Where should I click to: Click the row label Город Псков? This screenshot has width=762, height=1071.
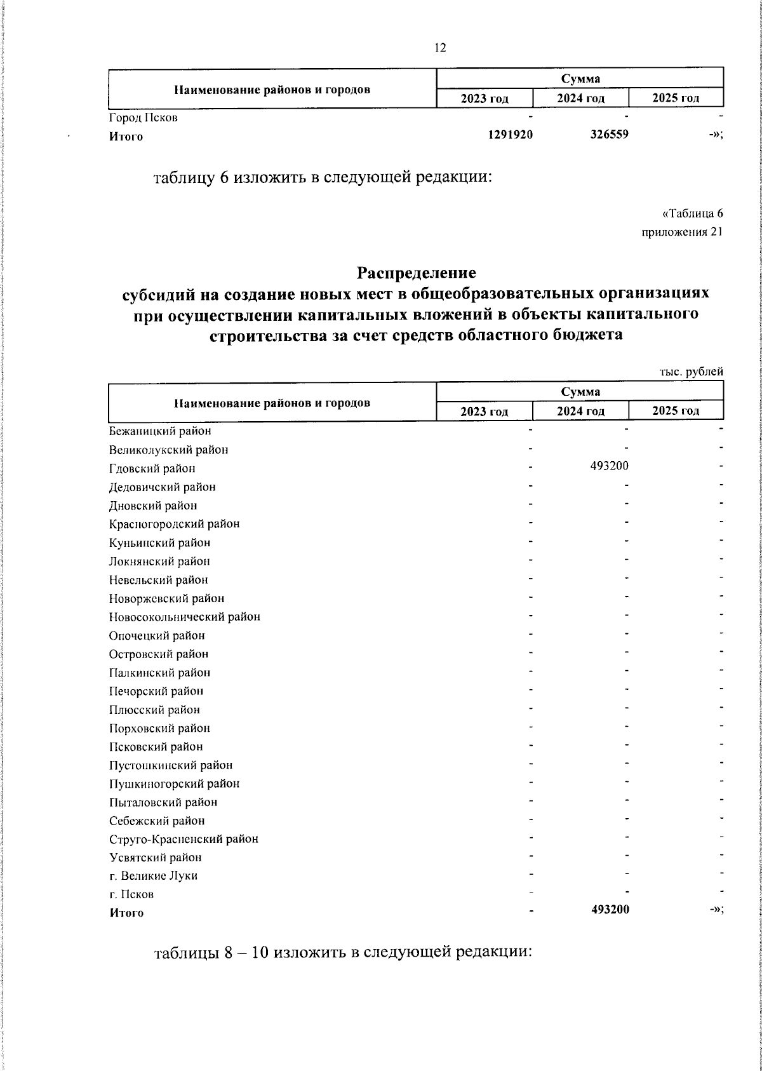click(x=143, y=118)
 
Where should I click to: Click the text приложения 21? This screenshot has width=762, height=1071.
click(x=682, y=232)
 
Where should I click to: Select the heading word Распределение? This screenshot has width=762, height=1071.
click(x=416, y=273)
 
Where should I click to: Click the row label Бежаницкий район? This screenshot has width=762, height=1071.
click(x=160, y=431)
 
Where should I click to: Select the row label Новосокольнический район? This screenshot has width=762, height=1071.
click(x=184, y=616)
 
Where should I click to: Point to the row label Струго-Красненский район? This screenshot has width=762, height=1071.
click(x=184, y=839)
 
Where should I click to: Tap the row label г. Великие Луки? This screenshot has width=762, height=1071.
click(x=153, y=875)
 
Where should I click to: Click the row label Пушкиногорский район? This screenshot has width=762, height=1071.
click(x=174, y=783)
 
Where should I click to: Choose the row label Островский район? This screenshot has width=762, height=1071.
click(x=158, y=654)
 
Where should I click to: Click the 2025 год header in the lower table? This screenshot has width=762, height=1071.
click(x=676, y=410)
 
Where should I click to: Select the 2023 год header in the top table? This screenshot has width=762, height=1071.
click(x=485, y=98)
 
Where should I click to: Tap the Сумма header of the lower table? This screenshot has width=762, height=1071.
click(x=580, y=392)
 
